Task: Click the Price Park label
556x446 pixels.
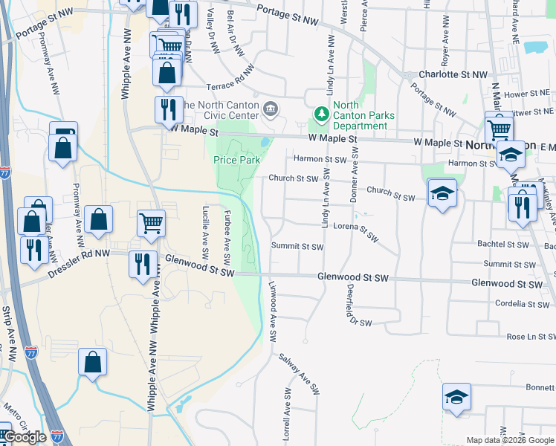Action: click(237, 160)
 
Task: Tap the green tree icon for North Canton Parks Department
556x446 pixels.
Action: click(321, 114)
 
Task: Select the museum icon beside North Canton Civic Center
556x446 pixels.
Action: click(271, 111)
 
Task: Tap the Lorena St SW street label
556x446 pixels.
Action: click(356, 231)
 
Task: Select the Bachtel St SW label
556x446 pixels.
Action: click(502, 244)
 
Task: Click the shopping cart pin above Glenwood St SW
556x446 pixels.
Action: click(152, 222)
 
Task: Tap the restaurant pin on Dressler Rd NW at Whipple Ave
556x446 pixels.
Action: click(140, 264)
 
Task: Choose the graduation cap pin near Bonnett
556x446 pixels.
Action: click(456, 396)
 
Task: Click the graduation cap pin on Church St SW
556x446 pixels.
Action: click(442, 193)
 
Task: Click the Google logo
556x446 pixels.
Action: click(25, 437)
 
